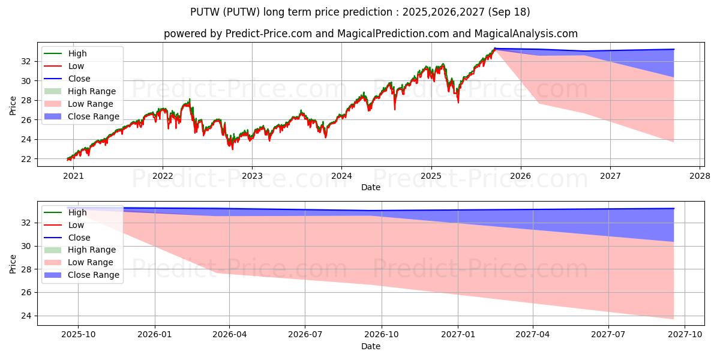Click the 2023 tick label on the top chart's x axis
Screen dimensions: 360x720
(x=252, y=176)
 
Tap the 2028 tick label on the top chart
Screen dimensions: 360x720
(x=700, y=176)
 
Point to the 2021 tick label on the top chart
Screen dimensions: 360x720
(x=73, y=176)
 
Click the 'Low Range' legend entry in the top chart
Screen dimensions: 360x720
(x=90, y=104)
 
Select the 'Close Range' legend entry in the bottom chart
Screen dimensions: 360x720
(x=93, y=275)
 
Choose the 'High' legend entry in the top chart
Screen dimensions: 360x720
(x=77, y=53)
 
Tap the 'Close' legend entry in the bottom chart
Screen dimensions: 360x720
(x=79, y=238)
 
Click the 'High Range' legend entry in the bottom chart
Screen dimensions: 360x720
(x=92, y=250)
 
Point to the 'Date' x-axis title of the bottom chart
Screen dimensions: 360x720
(x=370, y=346)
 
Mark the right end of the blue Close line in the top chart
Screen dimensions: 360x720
(x=674, y=49)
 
